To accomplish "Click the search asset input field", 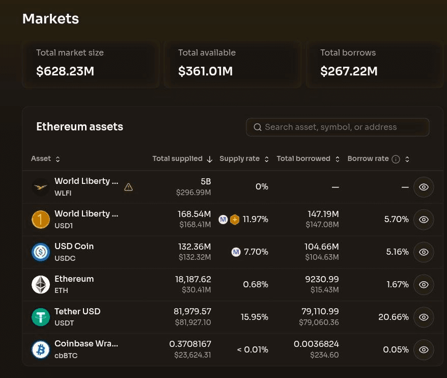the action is [338, 127].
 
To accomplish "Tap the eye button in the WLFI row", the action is [424, 187].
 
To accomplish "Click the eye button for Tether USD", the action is [424, 317].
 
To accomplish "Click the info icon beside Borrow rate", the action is [396, 159].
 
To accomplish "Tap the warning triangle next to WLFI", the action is [128, 187].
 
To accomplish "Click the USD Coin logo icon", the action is [41, 252].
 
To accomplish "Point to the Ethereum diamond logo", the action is [41, 284].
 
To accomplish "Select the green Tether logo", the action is [41, 317].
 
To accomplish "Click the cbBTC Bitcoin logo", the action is [41, 349].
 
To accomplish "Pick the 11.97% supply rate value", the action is [255, 219].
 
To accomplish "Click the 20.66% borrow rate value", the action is [394, 317].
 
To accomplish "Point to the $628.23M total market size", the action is [65, 71].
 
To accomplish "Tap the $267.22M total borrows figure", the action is [349, 71].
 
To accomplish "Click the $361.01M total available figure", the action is [205, 71].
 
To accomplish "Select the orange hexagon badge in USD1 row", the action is [235, 220].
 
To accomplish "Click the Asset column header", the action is [45, 158].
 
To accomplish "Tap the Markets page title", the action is [50, 19].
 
